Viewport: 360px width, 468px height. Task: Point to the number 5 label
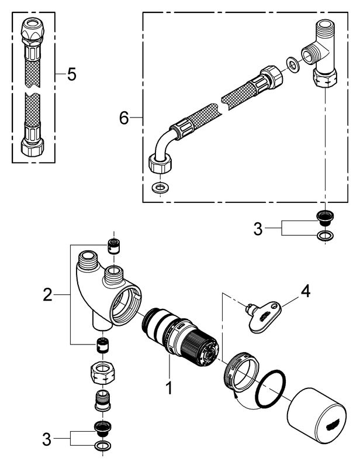[x=71, y=74]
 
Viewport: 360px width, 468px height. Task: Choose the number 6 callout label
[x=123, y=118]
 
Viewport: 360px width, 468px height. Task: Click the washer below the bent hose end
[x=157, y=188]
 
